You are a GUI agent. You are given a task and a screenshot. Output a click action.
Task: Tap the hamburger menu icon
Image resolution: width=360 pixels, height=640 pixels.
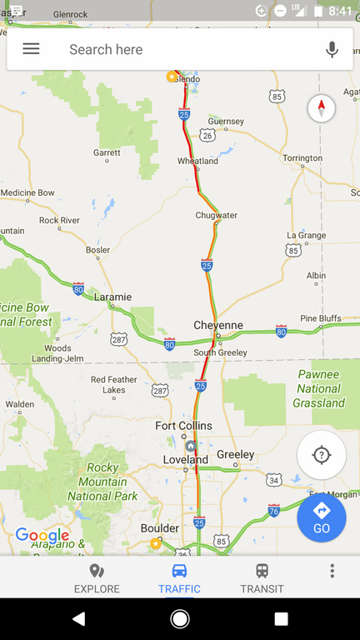[x=31, y=49]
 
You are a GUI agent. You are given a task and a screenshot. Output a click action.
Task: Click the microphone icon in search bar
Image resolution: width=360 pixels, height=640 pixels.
[x=332, y=49]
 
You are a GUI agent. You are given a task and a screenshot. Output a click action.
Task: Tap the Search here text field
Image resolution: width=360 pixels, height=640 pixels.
[x=183, y=49]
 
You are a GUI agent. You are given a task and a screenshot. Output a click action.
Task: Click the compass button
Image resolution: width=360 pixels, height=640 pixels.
[x=322, y=108]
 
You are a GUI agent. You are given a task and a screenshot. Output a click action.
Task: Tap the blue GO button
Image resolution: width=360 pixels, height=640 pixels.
[x=322, y=517]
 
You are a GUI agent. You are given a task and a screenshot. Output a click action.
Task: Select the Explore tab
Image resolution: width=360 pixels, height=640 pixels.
[x=97, y=578]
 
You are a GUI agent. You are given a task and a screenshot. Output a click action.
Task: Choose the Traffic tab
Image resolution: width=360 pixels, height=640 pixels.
[x=179, y=578]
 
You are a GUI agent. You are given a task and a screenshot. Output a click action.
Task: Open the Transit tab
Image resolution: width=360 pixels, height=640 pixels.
[x=262, y=578]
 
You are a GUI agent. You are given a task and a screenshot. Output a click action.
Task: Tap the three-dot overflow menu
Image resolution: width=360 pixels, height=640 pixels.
[x=332, y=571]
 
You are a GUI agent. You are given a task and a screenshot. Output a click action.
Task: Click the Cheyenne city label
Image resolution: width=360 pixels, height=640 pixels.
[x=218, y=325]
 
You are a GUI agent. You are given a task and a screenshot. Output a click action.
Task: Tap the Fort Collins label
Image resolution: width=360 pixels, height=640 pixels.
[x=183, y=426]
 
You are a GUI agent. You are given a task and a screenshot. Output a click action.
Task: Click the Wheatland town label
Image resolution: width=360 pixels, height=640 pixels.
[x=197, y=162]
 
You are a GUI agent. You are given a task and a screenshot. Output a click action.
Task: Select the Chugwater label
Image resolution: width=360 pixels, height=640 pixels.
[x=216, y=215]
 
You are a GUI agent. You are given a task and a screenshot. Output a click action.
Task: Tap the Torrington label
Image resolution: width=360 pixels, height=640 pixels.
[x=302, y=157]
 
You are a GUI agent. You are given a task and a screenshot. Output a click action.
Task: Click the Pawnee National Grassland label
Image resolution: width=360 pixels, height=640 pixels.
[x=318, y=389]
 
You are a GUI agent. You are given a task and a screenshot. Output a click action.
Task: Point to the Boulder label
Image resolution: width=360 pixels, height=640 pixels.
[x=159, y=528]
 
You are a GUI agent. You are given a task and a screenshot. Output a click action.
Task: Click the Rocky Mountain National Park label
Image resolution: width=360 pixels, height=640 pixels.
[x=102, y=482]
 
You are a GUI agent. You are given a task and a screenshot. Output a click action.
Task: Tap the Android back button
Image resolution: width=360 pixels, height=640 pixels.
[x=78, y=618]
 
